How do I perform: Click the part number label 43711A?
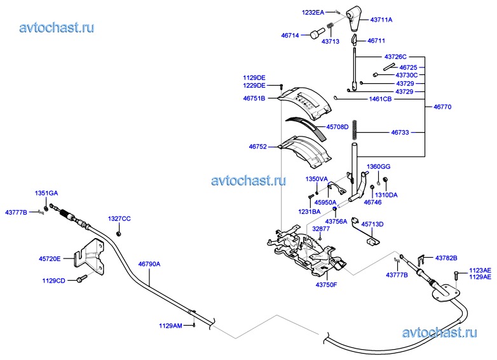[x=381, y=20]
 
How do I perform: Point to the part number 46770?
[x=442, y=107]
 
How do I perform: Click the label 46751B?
[x=254, y=98]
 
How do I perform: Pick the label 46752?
[x=259, y=146]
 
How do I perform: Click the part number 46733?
[x=400, y=133]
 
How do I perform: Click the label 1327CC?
[x=119, y=218]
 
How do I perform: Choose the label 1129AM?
[x=170, y=326]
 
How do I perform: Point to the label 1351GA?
[x=46, y=192]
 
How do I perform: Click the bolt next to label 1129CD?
[x=81, y=279]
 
